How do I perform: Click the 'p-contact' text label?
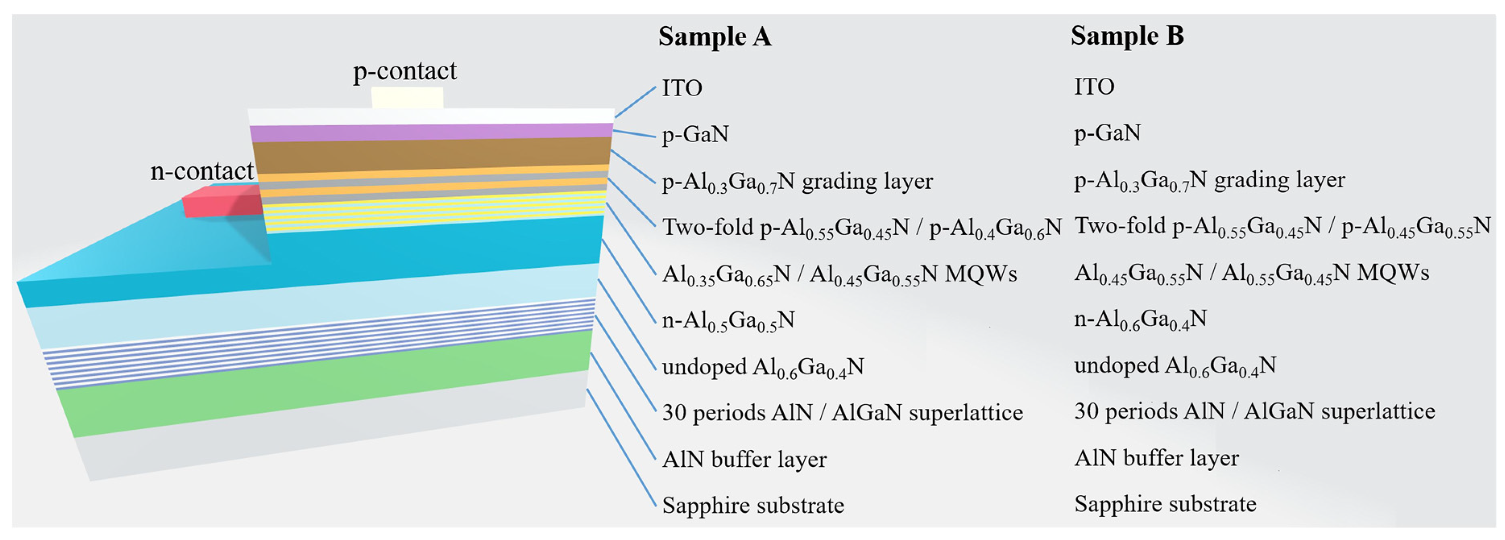coord(404,71)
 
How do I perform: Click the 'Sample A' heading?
coord(714,37)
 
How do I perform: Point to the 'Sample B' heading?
coord(1127,36)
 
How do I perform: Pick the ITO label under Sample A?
coord(682,88)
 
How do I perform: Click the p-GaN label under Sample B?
coord(1107,133)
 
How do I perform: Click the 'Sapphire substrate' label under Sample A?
coord(753,505)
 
